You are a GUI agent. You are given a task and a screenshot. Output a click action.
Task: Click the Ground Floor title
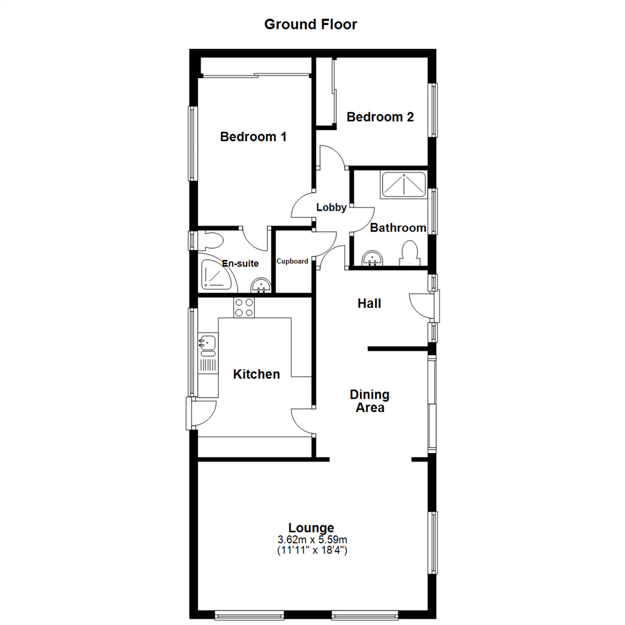[311, 24]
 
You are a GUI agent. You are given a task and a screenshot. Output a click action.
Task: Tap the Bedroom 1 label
[253, 137]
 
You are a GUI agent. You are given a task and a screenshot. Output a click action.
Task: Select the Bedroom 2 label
[380, 117]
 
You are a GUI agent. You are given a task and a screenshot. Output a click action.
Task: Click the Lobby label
[332, 207]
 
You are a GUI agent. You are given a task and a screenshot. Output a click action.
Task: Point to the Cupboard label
[292, 261]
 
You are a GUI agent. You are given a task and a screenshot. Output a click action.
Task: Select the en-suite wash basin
[262, 285]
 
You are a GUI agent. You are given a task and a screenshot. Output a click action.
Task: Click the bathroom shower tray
[403, 185]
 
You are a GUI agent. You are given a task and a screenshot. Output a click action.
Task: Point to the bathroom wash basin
[373, 258]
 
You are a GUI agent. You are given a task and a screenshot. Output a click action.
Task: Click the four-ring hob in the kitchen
[244, 307]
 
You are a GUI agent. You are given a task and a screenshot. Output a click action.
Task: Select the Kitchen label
[256, 374]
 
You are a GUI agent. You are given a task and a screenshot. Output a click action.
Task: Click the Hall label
[369, 303]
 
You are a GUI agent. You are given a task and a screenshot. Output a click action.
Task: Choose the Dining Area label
[369, 401]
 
